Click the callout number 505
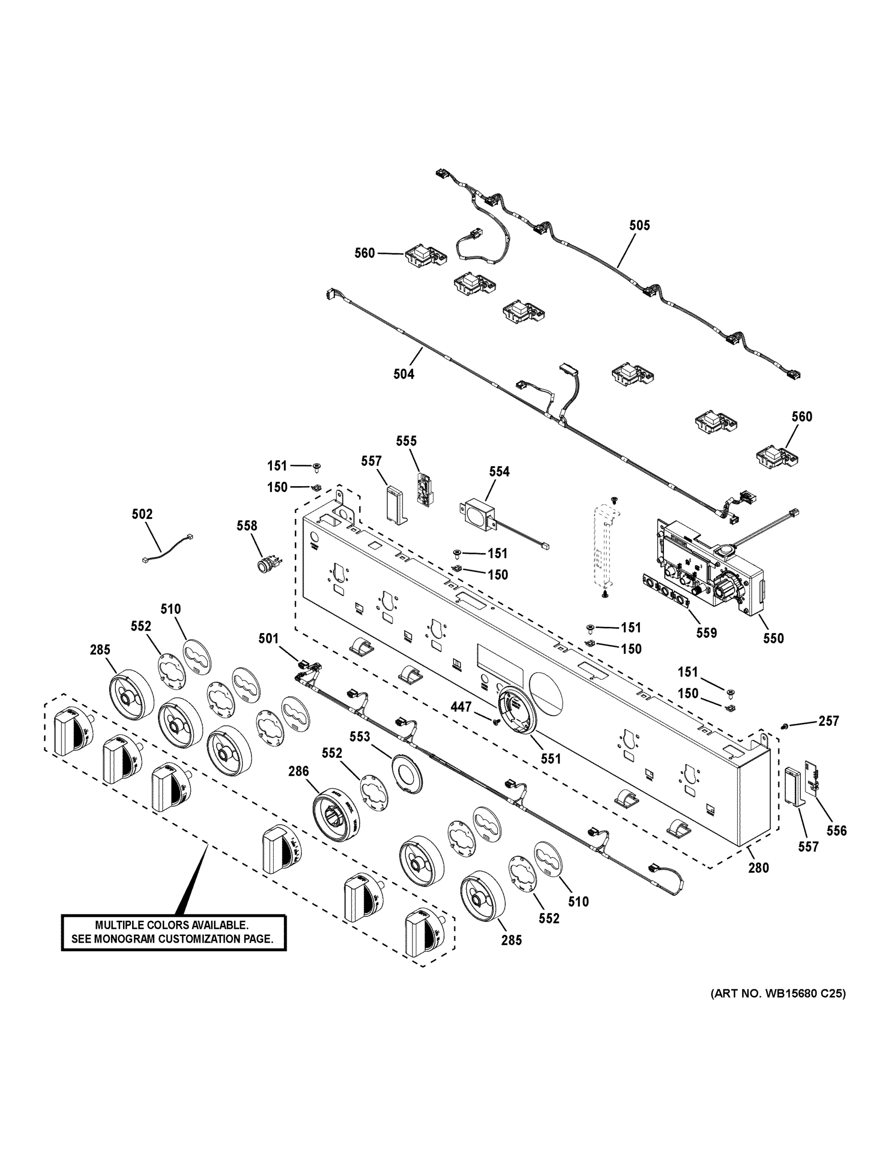(x=639, y=225)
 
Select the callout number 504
(x=404, y=374)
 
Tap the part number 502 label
(x=142, y=514)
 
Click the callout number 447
(x=461, y=706)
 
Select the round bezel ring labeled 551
(x=514, y=710)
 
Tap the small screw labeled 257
(x=784, y=727)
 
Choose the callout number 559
(x=706, y=633)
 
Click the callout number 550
(x=773, y=638)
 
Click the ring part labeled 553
(x=407, y=780)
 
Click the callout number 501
(x=268, y=638)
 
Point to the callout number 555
(x=406, y=441)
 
